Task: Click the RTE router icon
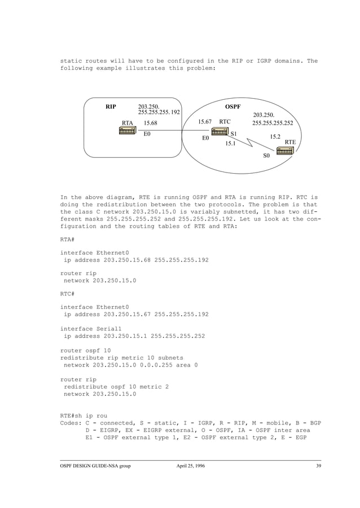285,151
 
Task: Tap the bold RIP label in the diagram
111,106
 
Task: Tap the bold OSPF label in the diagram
233,106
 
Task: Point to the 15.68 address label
151,122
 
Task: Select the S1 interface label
234,134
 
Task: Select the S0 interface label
267,156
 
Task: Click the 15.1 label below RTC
230,144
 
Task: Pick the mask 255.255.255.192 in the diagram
159,112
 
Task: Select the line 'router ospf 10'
83,350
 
